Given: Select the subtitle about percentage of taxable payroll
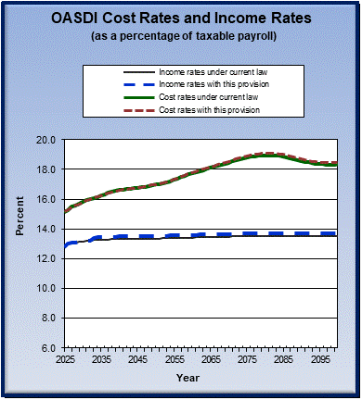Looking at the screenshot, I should click(181, 36).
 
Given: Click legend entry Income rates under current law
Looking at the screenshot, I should click(206, 72).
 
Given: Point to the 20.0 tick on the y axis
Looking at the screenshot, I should click(48, 140).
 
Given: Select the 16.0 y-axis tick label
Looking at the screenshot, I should click(48, 199).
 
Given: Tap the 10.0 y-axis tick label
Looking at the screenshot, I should click(48, 288).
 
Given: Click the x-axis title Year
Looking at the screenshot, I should click(187, 378).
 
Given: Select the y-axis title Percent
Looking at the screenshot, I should click(19, 244).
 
